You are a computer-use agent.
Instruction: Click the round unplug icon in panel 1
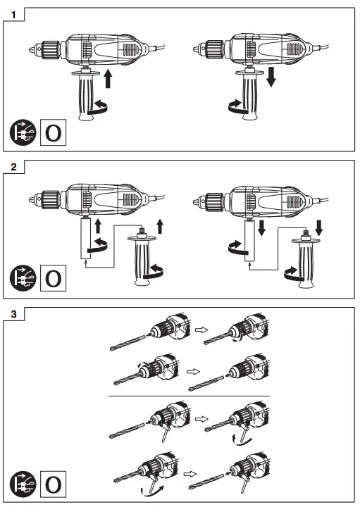pyautogui.click(x=23, y=132)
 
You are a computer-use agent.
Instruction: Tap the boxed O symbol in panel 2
pyautogui.click(x=52, y=277)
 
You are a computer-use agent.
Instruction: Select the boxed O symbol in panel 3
pyautogui.click(x=52, y=485)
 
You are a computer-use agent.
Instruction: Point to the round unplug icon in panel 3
pyautogui.click(x=23, y=485)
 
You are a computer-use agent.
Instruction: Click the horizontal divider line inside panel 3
pyautogui.click(x=188, y=397)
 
